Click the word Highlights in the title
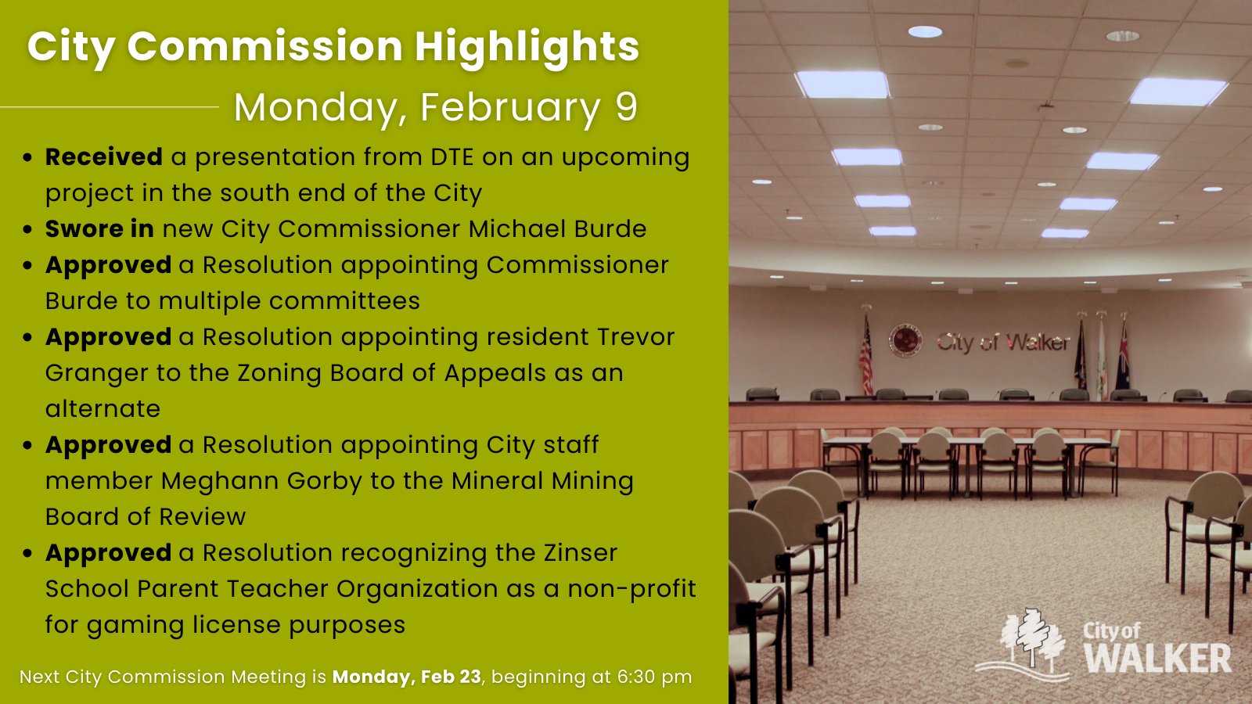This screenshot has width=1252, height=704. click(x=527, y=48)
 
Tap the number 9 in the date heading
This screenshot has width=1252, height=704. click(x=626, y=106)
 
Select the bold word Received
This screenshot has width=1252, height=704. click(x=104, y=157)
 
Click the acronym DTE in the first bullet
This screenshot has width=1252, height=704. click(x=452, y=157)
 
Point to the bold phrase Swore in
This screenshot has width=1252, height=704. click(x=99, y=228)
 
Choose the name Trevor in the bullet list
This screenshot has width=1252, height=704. click(x=635, y=337)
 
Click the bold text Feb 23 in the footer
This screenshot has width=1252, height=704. click(x=451, y=677)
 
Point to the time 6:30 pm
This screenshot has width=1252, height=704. click(x=654, y=677)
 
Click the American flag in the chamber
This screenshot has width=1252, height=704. click(x=865, y=357)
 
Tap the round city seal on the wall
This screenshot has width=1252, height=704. click(x=905, y=340)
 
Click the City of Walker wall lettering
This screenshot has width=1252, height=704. click(x=1004, y=342)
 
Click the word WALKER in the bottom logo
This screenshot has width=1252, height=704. click(x=1158, y=658)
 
